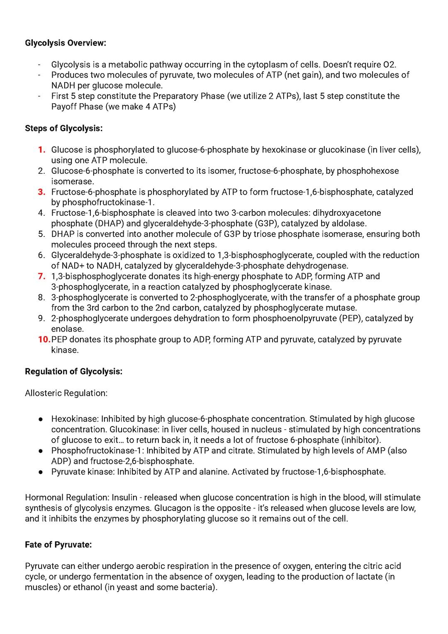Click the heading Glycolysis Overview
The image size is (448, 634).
[66, 43]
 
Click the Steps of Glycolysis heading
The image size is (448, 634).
[63, 128]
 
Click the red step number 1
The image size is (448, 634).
[41, 150]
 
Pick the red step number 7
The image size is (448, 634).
[41, 276]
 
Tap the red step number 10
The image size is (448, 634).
[44, 339]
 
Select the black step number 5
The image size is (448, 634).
[41, 234]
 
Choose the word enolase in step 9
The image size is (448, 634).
[67, 329]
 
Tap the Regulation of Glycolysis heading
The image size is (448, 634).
[73, 371]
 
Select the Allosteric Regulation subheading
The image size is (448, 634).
[66, 393]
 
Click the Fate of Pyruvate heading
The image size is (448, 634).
[58, 545]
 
